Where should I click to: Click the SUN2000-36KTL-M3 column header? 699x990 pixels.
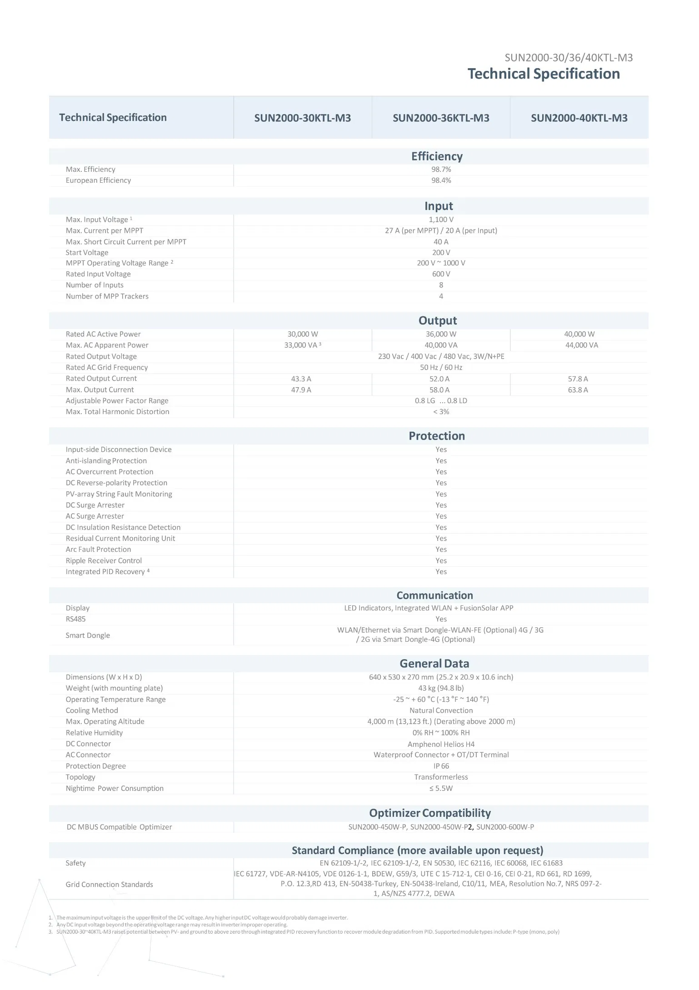click(x=440, y=118)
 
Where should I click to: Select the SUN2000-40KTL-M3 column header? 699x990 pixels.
click(x=579, y=118)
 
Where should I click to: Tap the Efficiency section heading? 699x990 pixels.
click(x=437, y=156)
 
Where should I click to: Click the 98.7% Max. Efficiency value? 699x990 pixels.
click(x=441, y=170)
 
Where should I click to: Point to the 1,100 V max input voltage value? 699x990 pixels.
click(x=441, y=220)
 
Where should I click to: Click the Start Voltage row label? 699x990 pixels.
click(x=87, y=253)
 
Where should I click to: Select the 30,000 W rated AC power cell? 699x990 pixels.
click(x=303, y=334)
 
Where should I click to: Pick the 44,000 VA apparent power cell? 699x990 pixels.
click(x=581, y=345)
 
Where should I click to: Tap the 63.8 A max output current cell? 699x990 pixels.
click(x=578, y=390)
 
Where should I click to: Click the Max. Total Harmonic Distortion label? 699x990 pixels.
click(x=117, y=412)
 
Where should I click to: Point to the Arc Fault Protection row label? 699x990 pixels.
click(x=98, y=550)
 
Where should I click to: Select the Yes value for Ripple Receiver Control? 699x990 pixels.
click(x=441, y=560)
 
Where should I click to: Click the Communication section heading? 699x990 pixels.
click(x=434, y=595)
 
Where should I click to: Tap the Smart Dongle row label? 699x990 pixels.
click(x=88, y=635)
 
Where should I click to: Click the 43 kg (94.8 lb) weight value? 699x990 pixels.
click(x=441, y=688)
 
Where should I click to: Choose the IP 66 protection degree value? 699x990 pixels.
click(x=441, y=766)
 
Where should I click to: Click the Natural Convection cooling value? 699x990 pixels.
click(x=441, y=710)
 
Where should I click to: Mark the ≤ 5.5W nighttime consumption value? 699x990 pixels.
click(x=441, y=788)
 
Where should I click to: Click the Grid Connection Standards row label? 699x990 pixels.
click(x=109, y=885)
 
